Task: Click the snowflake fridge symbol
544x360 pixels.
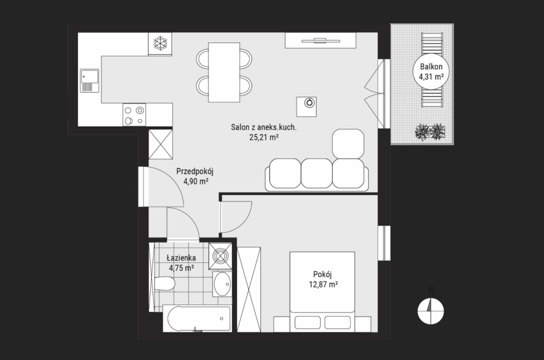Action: pyautogui.click(x=160, y=43)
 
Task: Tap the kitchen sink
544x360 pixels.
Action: pyautogui.click(x=89, y=81)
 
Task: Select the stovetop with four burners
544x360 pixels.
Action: pyautogui.click(x=134, y=115)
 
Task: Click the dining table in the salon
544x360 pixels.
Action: pyautogui.click(x=224, y=73)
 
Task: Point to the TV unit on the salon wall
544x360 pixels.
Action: pyautogui.click(x=321, y=41)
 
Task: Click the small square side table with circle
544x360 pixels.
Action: pyautogui.click(x=306, y=106)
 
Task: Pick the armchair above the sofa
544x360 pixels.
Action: pyautogui.click(x=348, y=144)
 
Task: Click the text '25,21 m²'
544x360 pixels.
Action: pyautogui.click(x=264, y=137)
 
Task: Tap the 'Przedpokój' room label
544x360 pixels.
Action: pyautogui.click(x=195, y=171)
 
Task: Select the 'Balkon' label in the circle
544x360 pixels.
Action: pyautogui.click(x=431, y=66)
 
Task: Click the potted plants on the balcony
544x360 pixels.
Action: pyautogui.click(x=430, y=132)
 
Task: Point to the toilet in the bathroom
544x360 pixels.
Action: pyautogui.click(x=164, y=284)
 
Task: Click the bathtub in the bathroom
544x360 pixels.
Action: pyautogui.click(x=197, y=319)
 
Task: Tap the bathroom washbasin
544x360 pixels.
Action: pyautogui.click(x=222, y=284)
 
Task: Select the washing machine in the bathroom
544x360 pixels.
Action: pyautogui.click(x=220, y=256)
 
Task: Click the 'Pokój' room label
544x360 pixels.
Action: pyautogui.click(x=322, y=274)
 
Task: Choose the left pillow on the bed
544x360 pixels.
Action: pyautogui.click(x=308, y=322)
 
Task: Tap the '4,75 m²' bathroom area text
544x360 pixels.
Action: pyautogui.click(x=182, y=268)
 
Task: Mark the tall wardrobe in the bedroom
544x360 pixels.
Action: pyautogui.click(x=249, y=289)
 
